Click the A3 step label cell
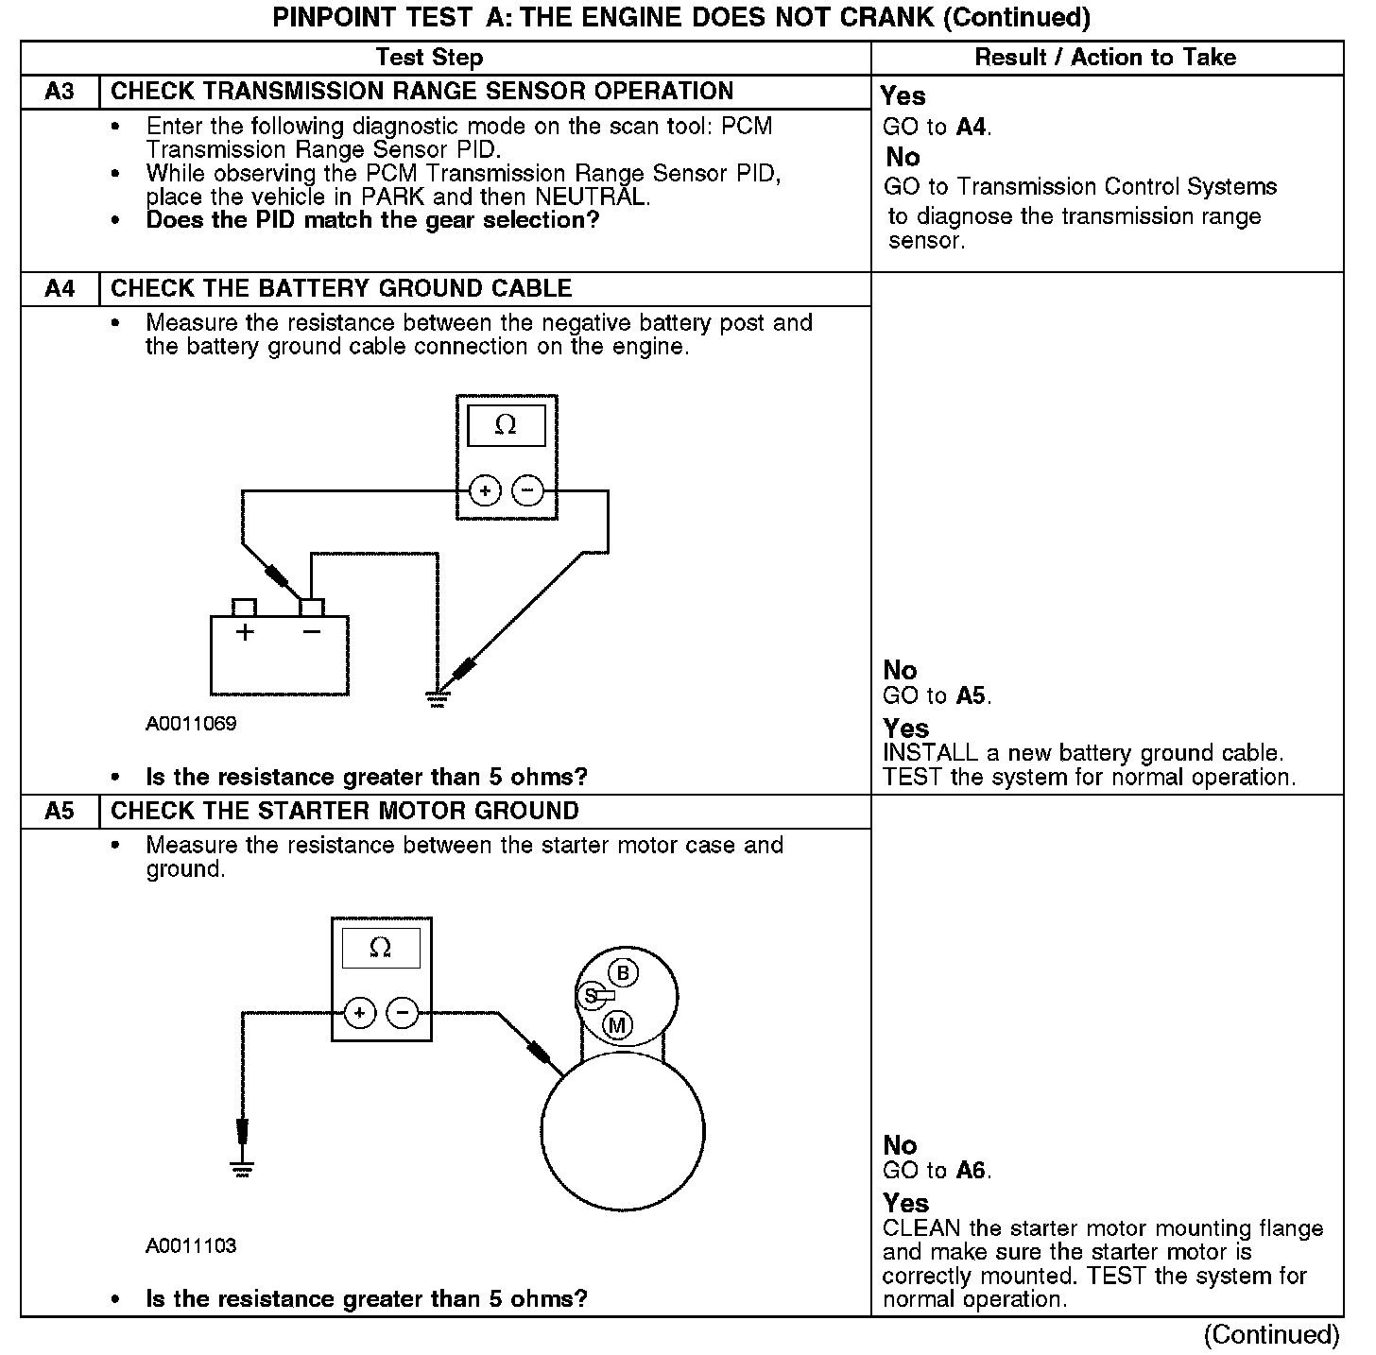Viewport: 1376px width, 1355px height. pyautogui.click(x=60, y=92)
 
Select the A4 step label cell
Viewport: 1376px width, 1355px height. pyautogui.click(x=60, y=288)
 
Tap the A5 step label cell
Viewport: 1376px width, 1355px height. pyautogui.click(x=60, y=811)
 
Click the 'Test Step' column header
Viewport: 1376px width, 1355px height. pyautogui.click(x=429, y=58)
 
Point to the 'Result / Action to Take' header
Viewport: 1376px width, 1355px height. pyautogui.click(x=1105, y=58)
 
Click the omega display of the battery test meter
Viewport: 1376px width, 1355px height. pyautogui.click(x=507, y=426)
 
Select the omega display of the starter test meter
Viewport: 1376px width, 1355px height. pyautogui.click(x=381, y=948)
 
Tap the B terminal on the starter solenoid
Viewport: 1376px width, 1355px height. pyautogui.click(x=622, y=973)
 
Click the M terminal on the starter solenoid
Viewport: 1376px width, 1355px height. pyautogui.click(x=617, y=1025)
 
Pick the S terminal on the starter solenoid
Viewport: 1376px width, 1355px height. pyautogui.click(x=592, y=995)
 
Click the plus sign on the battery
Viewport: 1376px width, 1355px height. pyautogui.click(x=245, y=632)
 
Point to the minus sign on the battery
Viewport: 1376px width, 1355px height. pyautogui.click(x=312, y=631)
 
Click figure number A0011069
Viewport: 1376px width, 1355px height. pyautogui.click(x=191, y=724)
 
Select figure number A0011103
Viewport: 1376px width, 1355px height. pyautogui.click(x=191, y=1245)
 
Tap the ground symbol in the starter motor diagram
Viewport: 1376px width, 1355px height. pyautogui.click(x=243, y=1170)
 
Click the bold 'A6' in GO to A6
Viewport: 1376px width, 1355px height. pyautogui.click(x=971, y=1171)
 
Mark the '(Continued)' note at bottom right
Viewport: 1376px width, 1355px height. pyautogui.click(x=1271, y=1334)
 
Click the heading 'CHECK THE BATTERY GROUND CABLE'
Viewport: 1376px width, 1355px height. pyautogui.click(x=341, y=288)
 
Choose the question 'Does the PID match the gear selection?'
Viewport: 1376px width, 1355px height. pyautogui.click(x=372, y=220)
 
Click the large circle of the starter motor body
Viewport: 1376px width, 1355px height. pyautogui.click(x=622, y=1131)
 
